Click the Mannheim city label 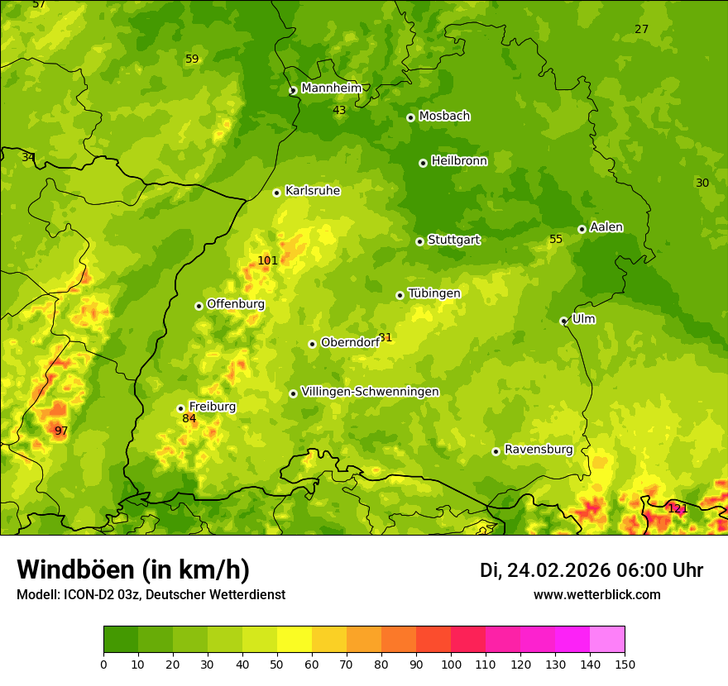point(332,88)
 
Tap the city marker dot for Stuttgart point(419,241)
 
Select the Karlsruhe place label point(313,191)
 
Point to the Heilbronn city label point(459,161)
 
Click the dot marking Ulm point(563,321)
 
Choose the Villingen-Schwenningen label point(370,392)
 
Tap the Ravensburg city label point(539,450)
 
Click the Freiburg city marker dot point(180,408)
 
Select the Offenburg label point(236,304)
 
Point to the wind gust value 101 point(267,260)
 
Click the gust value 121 point(678,508)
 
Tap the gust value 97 point(61,431)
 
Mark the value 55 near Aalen point(556,239)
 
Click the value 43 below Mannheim point(339,110)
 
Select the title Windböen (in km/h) point(133,569)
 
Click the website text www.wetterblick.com point(597,594)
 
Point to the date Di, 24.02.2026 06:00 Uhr point(591,570)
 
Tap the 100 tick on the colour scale point(451,664)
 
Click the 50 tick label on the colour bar point(277,664)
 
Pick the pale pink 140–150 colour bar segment point(607,640)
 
